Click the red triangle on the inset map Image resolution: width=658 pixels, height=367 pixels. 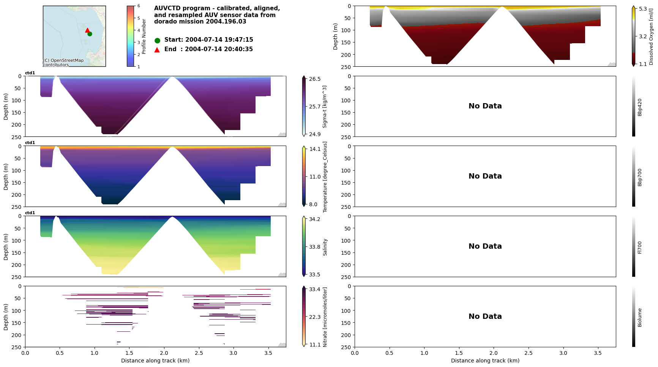click(x=87, y=30)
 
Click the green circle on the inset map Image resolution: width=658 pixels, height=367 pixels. click(x=90, y=34)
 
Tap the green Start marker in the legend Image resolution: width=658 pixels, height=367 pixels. click(x=157, y=40)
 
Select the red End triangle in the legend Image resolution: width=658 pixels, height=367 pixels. click(x=157, y=50)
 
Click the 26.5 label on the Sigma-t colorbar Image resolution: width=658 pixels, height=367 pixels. click(x=315, y=79)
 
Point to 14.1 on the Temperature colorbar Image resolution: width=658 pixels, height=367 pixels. click(x=315, y=149)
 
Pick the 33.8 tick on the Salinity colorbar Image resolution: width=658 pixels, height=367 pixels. click(x=314, y=247)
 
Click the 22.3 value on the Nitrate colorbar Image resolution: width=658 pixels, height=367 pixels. click(x=314, y=317)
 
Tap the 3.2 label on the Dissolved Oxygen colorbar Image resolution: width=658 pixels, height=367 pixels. click(x=643, y=36)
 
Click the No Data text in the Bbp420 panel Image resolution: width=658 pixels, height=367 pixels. click(x=485, y=106)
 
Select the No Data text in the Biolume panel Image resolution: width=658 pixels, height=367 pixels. click(x=485, y=317)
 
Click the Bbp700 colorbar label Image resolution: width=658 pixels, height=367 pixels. click(x=640, y=177)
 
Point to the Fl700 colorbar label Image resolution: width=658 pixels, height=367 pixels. click(x=640, y=247)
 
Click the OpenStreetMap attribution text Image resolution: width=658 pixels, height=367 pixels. click(x=63, y=63)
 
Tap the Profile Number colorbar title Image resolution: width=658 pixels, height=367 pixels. click(x=144, y=36)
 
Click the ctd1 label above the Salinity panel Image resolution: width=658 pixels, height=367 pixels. click(x=30, y=213)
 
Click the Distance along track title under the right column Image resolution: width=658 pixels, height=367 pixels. click(x=485, y=361)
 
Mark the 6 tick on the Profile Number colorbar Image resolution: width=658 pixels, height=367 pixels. click(x=139, y=6)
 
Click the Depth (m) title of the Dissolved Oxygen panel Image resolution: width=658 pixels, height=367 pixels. click(x=335, y=36)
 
